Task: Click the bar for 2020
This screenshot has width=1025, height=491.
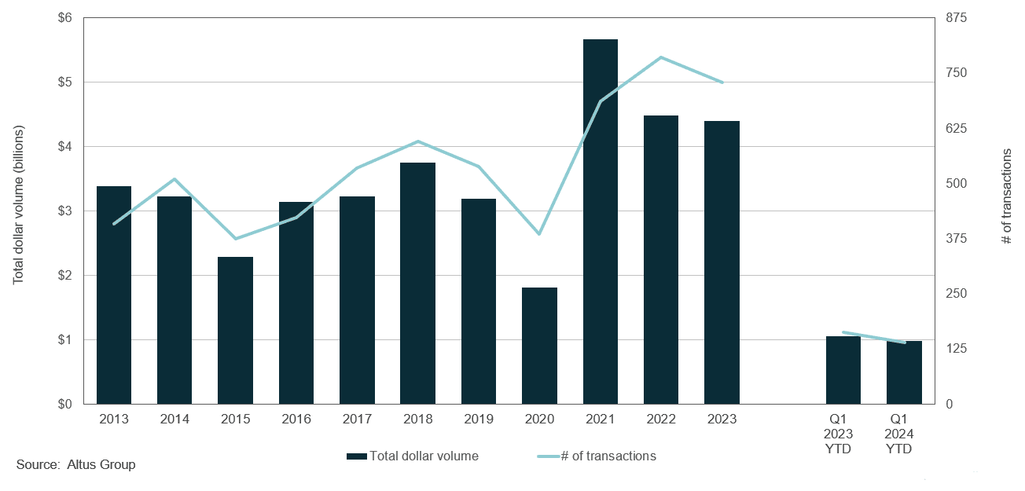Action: tap(539, 346)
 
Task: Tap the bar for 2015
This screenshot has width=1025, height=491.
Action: tap(236, 330)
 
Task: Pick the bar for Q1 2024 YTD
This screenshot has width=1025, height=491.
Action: tap(904, 372)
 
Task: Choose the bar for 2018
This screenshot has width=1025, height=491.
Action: tap(417, 283)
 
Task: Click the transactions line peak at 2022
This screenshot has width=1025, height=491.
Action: tap(662, 57)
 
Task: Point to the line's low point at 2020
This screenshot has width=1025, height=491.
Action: tap(539, 234)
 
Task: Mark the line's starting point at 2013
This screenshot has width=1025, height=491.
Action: tap(114, 224)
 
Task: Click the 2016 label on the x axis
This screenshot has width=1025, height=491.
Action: tap(296, 419)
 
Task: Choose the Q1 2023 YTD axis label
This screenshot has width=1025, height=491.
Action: tap(843, 434)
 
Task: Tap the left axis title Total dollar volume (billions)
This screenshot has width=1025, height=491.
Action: tap(19, 204)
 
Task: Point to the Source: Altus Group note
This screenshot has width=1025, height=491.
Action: tap(75, 465)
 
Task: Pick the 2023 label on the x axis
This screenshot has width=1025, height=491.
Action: tap(722, 419)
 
